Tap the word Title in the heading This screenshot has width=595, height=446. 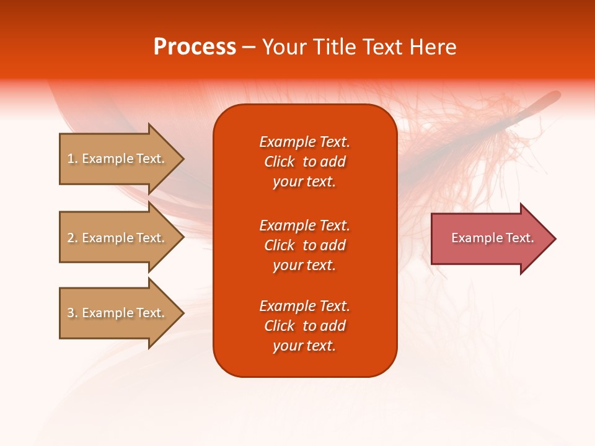coord(335,46)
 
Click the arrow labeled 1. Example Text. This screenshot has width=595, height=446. coord(122,159)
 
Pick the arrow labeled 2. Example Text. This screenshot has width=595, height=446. coord(122,237)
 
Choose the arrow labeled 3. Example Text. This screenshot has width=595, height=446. coord(122,313)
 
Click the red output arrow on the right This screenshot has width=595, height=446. coord(494,238)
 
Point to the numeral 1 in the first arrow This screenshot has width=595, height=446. coord(71,159)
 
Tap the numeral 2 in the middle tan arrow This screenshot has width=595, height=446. coord(71,238)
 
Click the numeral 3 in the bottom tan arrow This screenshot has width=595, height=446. coord(71,313)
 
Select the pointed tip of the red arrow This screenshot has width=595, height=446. coord(556,238)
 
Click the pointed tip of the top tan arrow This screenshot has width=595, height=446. coord(184,159)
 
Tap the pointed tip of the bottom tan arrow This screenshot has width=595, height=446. coord(184,313)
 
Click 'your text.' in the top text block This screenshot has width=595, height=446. coord(304,181)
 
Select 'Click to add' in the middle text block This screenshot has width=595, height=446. coord(305,245)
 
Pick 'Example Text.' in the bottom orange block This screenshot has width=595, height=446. coord(305,305)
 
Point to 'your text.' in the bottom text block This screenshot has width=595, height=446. coord(304,346)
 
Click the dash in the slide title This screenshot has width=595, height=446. coord(249,48)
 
